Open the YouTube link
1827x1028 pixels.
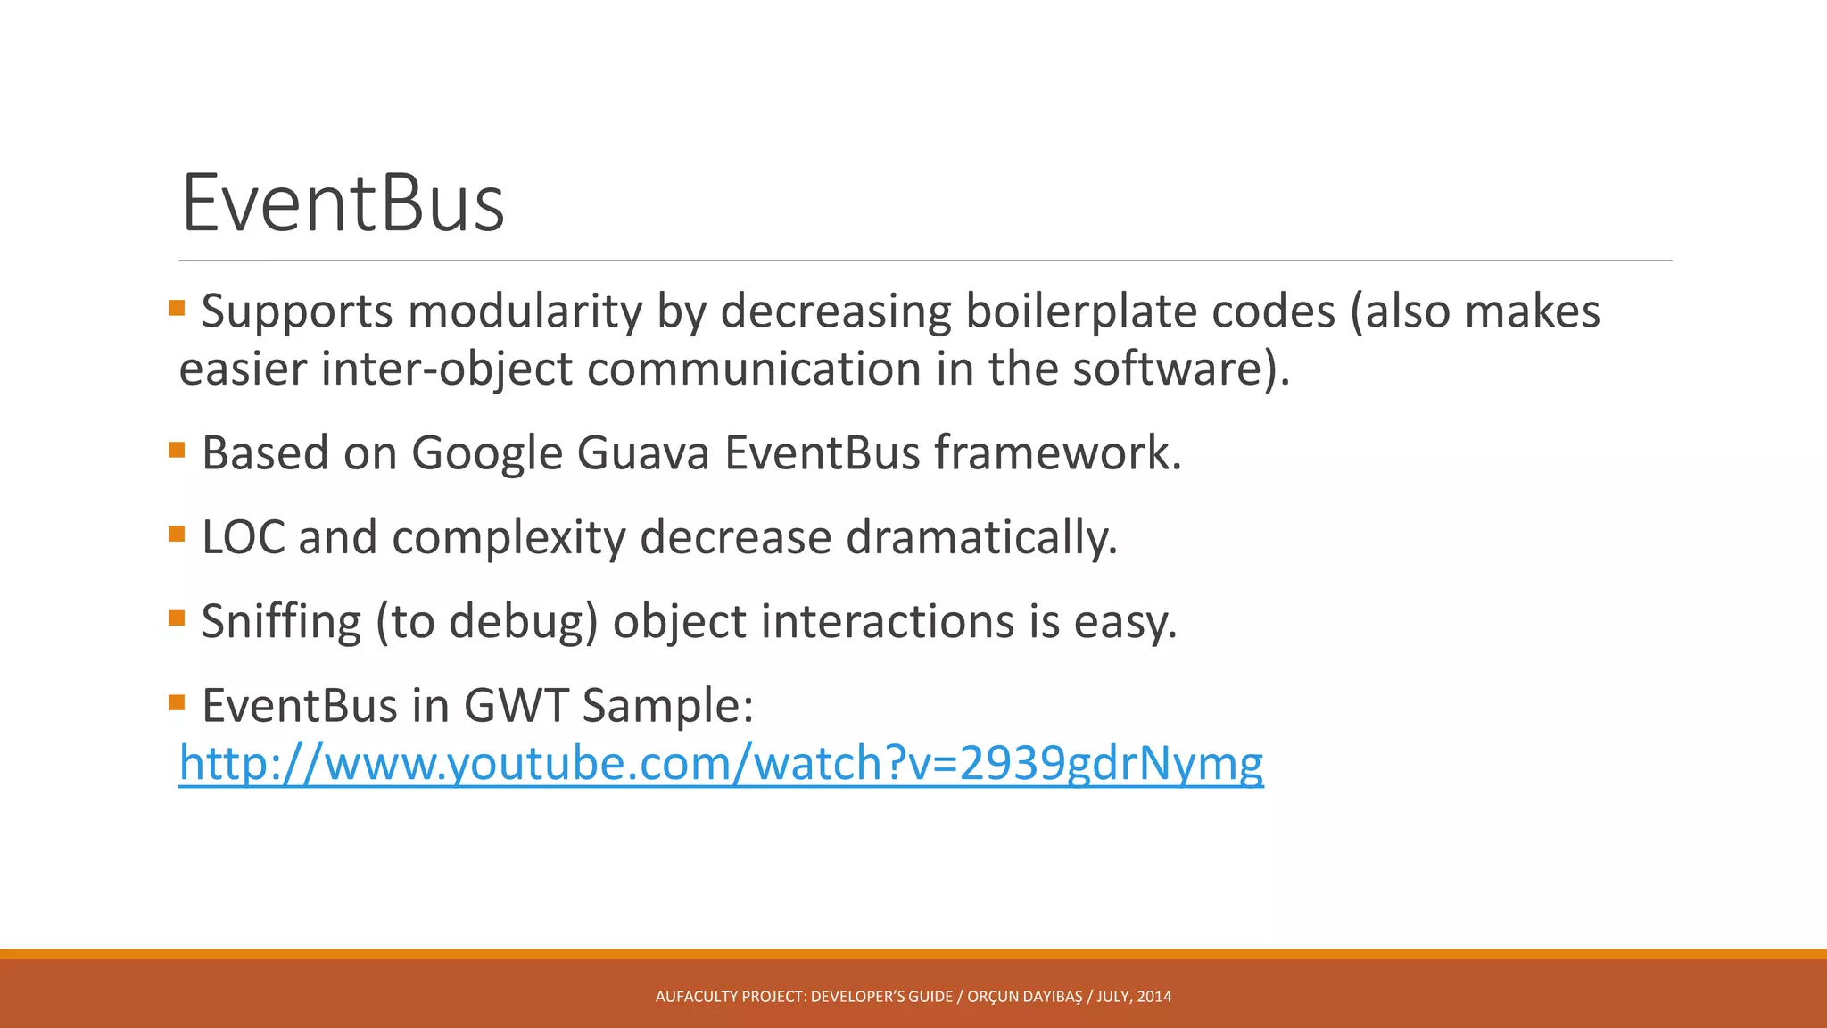click(x=721, y=764)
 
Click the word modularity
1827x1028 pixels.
click(x=525, y=311)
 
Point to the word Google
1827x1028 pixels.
click(x=486, y=452)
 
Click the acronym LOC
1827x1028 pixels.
click(x=243, y=537)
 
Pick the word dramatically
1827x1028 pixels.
click(x=981, y=537)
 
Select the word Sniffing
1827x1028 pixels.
click(x=280, y=621)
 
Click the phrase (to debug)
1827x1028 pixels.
click(x=486, y=621)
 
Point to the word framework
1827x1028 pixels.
click(x=1057, y=452)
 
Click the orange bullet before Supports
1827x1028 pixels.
click(x=177, y=309)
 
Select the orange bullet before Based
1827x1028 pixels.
click(x=177, y=450)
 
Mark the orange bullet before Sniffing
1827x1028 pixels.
click(x=177, y=618)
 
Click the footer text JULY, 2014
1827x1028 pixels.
click(x=1134, y=997)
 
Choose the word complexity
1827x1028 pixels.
click(x=508, y=537)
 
